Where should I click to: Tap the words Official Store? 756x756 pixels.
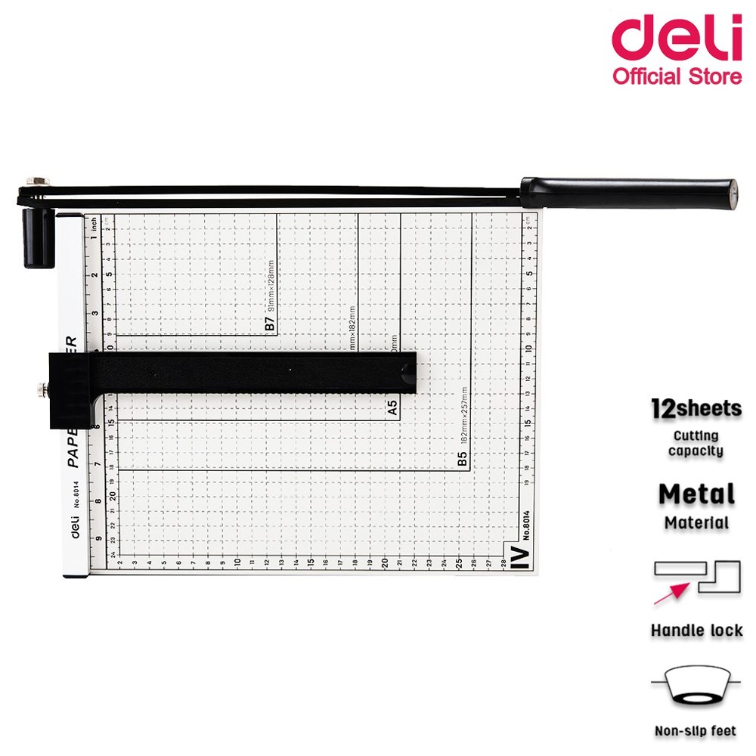point(676,76)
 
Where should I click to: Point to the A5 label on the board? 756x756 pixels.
point(392,409)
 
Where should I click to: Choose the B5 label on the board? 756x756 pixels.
point(463,459)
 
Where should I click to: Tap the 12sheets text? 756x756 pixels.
point(696,409)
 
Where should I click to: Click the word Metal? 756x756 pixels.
point(696,494)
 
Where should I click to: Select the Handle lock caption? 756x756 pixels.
point(696,630)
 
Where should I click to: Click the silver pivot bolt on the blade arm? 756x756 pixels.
point(35,182)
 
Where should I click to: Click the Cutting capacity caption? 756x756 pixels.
point(696,443)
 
